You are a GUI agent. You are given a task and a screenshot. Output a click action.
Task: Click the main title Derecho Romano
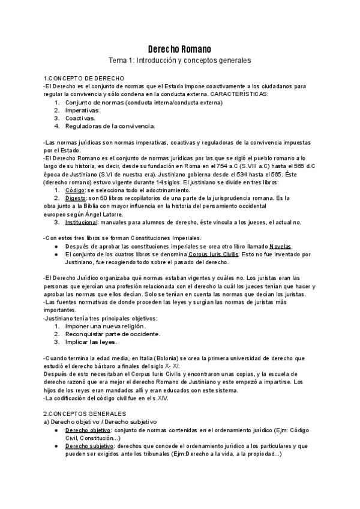point(179,49)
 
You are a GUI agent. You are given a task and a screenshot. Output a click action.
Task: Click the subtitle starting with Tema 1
point(179,61)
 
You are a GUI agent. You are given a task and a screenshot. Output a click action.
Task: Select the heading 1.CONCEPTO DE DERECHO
point(84,79)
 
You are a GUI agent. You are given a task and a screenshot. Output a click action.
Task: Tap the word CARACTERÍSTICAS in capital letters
point(239,94)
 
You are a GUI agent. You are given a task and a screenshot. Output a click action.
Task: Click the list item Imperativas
point(83,110)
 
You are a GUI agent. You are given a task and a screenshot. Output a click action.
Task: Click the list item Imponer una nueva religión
point(106,326)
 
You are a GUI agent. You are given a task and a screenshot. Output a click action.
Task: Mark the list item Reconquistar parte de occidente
point(113,334)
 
